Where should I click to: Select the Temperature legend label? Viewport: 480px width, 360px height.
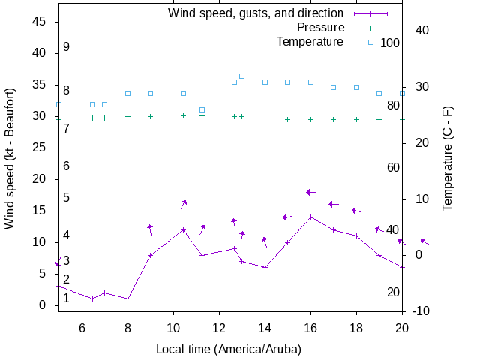point(310,41)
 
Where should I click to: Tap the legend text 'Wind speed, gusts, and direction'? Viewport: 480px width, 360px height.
point(256,13)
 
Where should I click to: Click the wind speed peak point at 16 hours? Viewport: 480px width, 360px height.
point(310,217)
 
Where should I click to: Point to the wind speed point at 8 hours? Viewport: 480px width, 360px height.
point(127,298)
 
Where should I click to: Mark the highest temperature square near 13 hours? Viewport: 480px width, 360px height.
point(241,76)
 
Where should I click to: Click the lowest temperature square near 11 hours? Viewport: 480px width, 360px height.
point(202,110)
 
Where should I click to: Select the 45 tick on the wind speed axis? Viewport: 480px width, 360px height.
point(40,22)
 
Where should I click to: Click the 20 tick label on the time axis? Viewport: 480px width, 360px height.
point(402,327)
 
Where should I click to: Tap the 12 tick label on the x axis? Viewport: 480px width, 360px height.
point(219,327)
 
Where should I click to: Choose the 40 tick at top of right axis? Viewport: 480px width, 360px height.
point(421,31)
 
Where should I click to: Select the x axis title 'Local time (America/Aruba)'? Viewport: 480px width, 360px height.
point(229,349)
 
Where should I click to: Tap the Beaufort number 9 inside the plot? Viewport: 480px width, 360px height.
point(66,47)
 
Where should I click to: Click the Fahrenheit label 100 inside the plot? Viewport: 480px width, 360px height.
point(390,43)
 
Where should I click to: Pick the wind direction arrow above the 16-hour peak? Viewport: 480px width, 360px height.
point(310,193)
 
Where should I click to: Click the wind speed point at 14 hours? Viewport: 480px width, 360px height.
point(265,267)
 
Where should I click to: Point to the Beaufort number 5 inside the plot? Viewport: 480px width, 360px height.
point(66,198)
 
